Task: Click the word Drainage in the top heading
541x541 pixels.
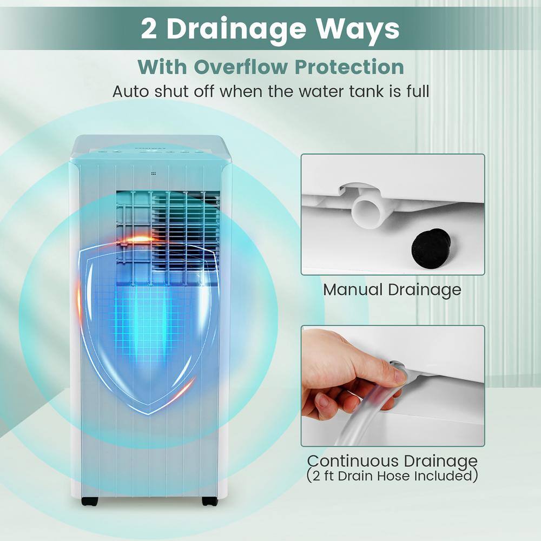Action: [x=236, y=30]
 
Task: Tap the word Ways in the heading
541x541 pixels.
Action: [x=358, y=30]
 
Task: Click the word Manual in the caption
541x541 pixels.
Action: [x=353, y=289]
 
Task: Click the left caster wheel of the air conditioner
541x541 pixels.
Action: [x=90, y=501]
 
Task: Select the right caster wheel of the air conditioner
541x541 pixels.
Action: [x=209, y=501]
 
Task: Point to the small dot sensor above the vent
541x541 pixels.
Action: [x=154, y=174]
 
